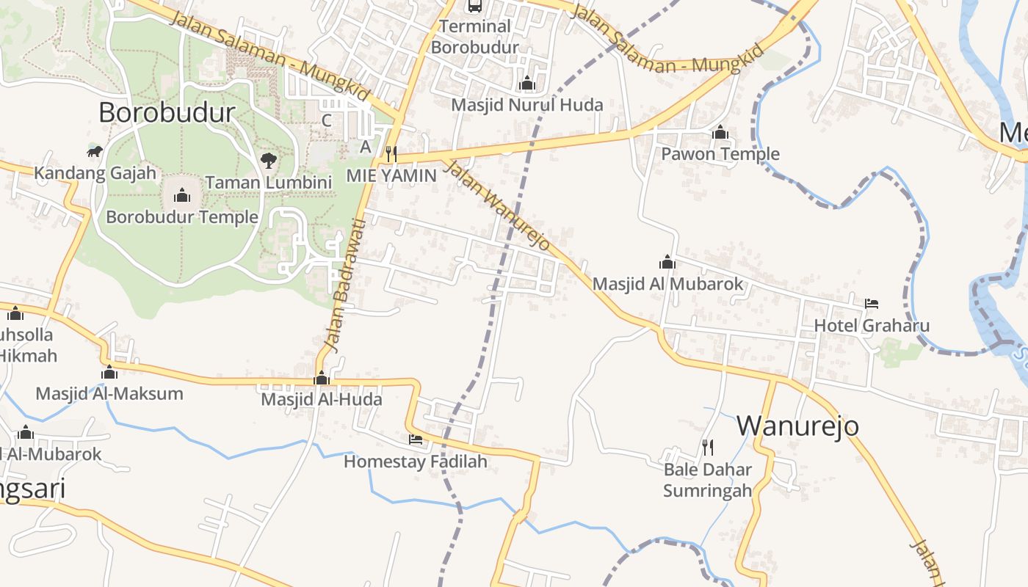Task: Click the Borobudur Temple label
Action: click(182, 217)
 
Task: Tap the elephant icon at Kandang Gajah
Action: click(95, 152)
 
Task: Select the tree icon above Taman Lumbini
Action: click(268, 160)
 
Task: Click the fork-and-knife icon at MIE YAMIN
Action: click(391, 153)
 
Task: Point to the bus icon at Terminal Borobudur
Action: click(475, 6)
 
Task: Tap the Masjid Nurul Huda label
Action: click(527, 105)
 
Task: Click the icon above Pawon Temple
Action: click(720, 133)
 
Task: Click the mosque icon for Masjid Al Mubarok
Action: click(667, 262)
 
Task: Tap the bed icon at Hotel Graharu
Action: click(872, 303)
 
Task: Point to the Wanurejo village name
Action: click(797, 426)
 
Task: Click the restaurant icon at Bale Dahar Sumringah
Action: click(708, 447)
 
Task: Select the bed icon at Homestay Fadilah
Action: click(416, 440)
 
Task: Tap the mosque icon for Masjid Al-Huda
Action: click(322, 379)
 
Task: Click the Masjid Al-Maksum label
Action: click(109, 393)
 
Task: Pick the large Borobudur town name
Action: click(167, 112)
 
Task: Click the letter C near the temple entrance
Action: click(327, 120)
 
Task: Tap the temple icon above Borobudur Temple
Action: click(182, 195)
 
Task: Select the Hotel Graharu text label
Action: click(872, 326)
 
